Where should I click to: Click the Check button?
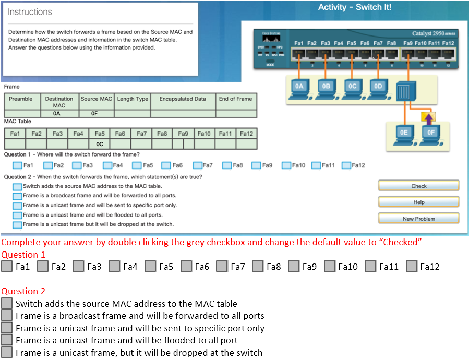click(418, 186)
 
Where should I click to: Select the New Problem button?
click(418, 219)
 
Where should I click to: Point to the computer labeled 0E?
click(404, 135)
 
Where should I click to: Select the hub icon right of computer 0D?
click(404, 92)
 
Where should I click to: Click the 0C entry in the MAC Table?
click(100, 143)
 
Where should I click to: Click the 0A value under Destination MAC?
click(59, 113)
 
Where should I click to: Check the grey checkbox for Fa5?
click(151, 267)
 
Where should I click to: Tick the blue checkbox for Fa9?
click(256, 165)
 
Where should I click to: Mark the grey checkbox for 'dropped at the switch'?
click(7, 353)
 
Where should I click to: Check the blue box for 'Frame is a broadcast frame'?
click(17, 196)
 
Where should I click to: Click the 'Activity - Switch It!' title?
click(354, 7)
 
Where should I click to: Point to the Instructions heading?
click(30, 12)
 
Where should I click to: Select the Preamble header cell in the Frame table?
click(21, 99)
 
